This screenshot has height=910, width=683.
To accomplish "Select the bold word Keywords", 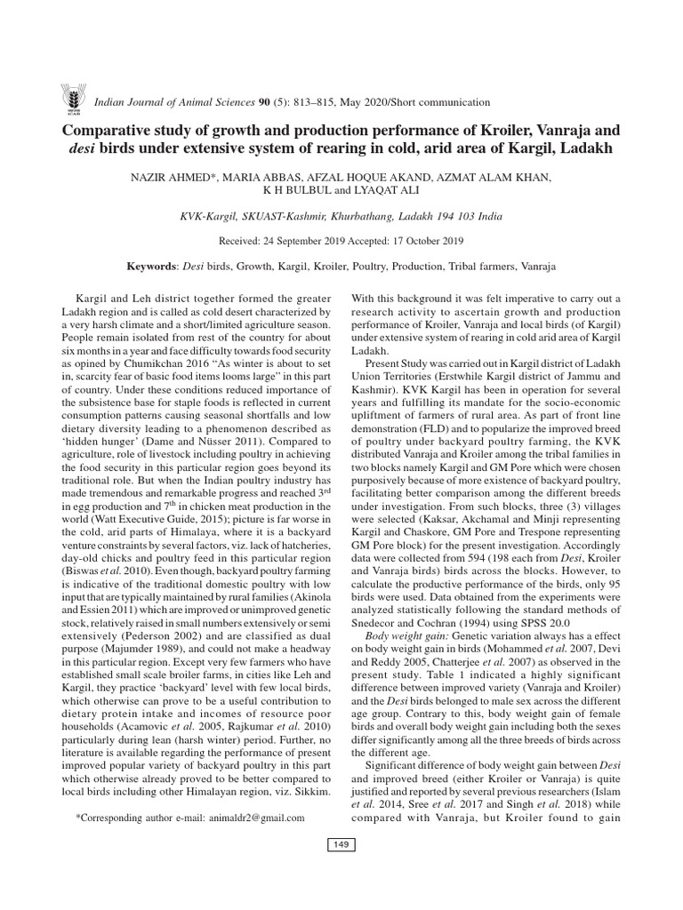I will (152, 266).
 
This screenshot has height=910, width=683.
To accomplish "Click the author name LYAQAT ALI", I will (373, 191).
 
